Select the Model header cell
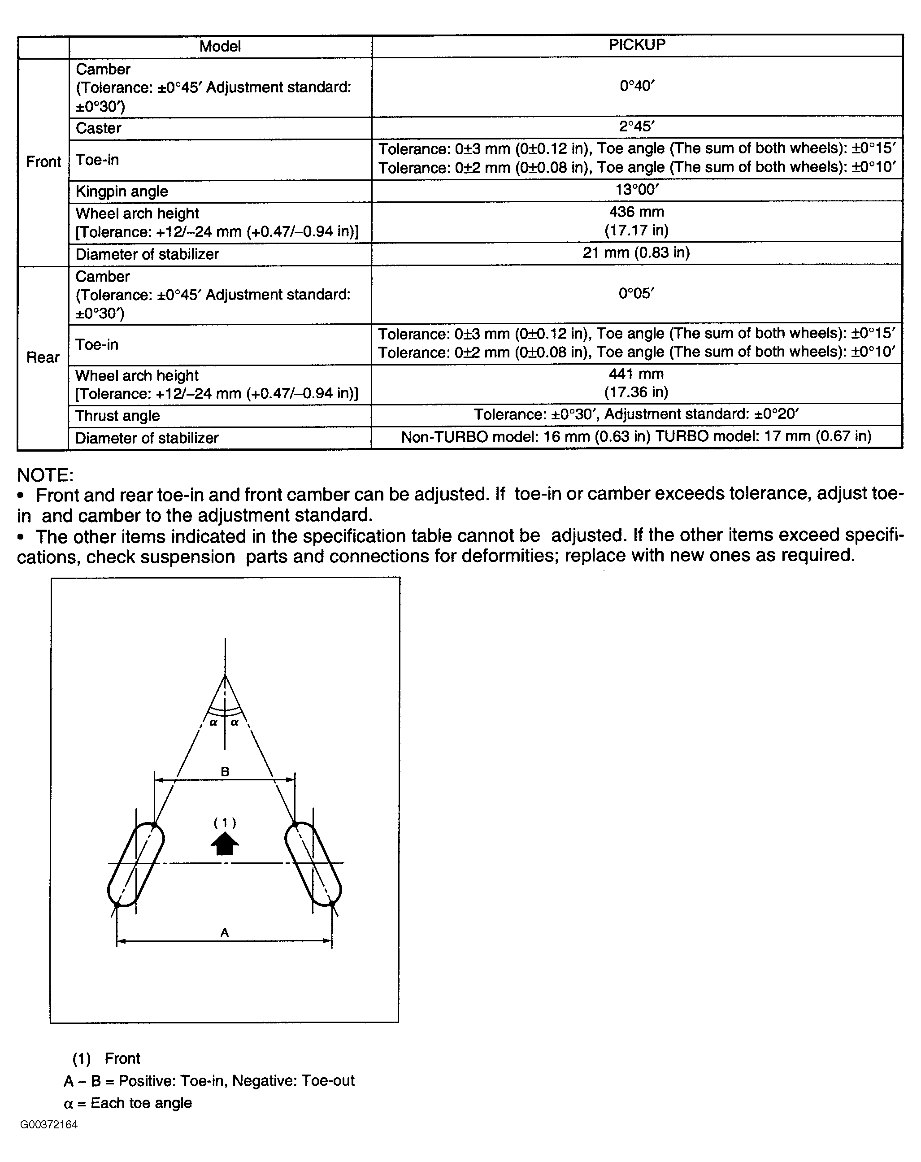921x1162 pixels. point(220,46)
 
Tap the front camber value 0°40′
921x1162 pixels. point(636,86)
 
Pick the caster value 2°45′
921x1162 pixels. point(636,126)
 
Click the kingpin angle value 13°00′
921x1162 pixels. point(636,190)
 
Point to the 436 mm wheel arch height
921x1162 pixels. point(636,212)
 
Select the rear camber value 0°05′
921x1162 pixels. point(636,294)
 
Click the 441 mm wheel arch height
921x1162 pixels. point(636,374)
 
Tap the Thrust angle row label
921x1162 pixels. point(117,416)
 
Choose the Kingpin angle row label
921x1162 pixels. point(122,191)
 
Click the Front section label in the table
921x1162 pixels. point(43,162)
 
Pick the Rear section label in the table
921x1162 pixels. point(43,357)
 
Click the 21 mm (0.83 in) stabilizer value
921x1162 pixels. point(636,253)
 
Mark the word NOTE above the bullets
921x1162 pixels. point(45,475)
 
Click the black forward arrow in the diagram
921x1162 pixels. point(225,844)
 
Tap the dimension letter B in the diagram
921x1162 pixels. point(225,772)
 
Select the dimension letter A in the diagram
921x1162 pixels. point(225,932)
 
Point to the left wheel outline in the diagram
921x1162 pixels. point(136,865)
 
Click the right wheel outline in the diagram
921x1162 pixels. point(313,865)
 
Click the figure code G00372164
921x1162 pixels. point(49,1124)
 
